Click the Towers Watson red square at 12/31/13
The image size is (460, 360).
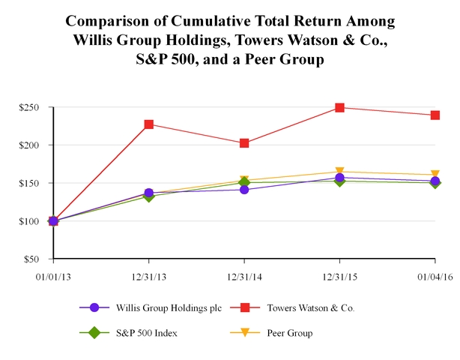(x=149, y=124)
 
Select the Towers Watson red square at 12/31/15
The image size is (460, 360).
(x=340, y=108)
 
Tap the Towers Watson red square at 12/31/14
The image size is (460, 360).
(x=244, y=143)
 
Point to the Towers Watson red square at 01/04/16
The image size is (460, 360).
(x=435, y=115)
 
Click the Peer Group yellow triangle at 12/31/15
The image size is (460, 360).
(x=340, y=172)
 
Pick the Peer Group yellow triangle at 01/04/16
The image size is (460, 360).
(x=435, y=175)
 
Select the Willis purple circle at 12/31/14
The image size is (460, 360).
(x=244, y=189)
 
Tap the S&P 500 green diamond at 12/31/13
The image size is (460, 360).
(x=149, y=196)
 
